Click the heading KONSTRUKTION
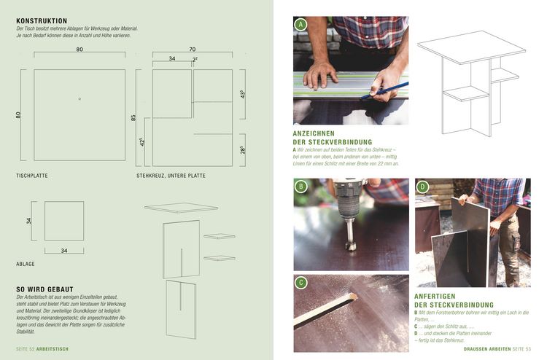click(x=42, y=21)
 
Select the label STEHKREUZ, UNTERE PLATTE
click(x=171, y=176)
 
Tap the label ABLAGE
click(x=26, y=263)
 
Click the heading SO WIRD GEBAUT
click(x=45, y=289)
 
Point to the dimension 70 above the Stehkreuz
click(x=192, y=50)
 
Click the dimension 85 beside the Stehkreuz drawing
click(x=133, y=117)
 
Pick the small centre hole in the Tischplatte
click(x=79, y=98)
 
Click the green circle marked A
click(x=300, y=24)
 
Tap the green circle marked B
click(x=300, y=187)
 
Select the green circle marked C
click(x=300, y=282)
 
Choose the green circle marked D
click(x=422, y=187)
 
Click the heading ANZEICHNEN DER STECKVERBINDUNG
click(x=332, y=138)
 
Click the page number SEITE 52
click(x=26, y=349)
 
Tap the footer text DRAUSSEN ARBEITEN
click(x=486, y=349)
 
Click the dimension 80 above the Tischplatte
click(x=79, y=50)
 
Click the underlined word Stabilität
click(x=26, y=331)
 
